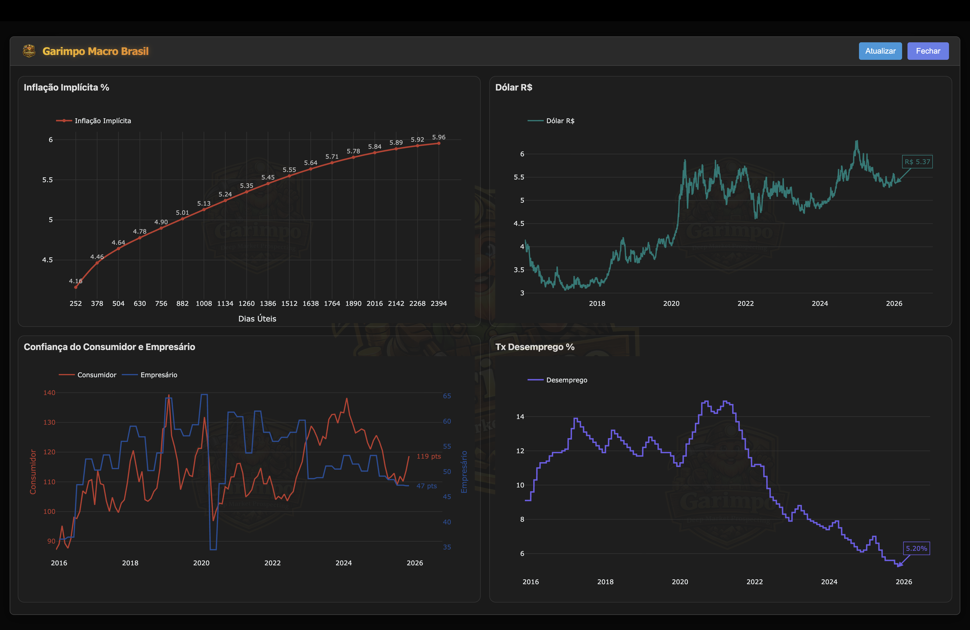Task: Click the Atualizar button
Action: [x=880, y=51]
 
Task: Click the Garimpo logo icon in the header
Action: [x=29, y=51]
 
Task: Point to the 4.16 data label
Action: [x=75, y=281]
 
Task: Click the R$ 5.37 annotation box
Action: [x=917, y=162]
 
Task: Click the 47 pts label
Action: [x=426, y=486]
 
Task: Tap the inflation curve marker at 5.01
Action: [x=183, y=219]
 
